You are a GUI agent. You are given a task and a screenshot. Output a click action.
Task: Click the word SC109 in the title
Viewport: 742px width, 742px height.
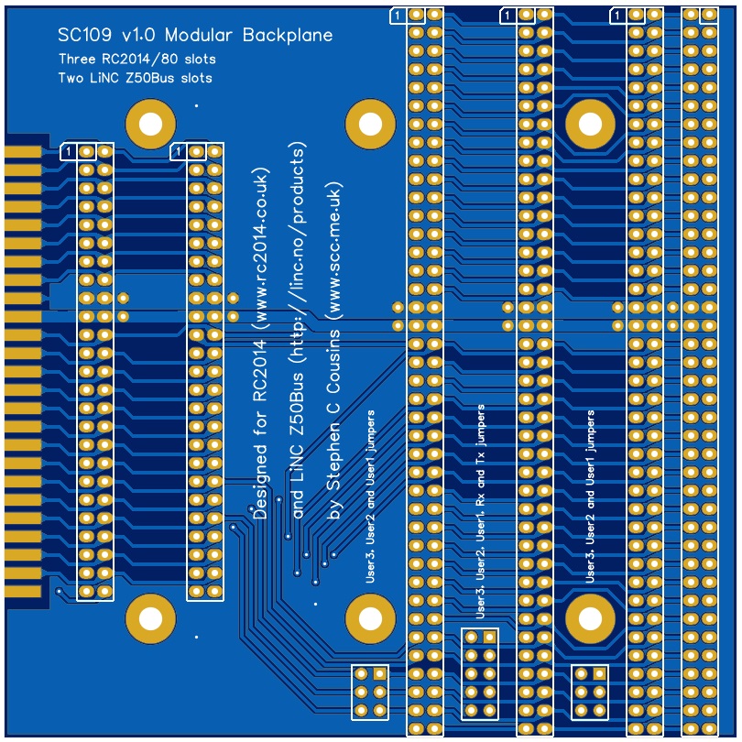(83, 36)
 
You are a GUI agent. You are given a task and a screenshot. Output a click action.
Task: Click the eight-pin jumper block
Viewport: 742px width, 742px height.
(480, 673)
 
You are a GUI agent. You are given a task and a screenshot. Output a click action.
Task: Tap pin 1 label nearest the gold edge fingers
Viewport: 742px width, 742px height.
(68, 151)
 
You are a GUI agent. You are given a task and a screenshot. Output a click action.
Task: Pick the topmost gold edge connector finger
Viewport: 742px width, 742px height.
(23, 151)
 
